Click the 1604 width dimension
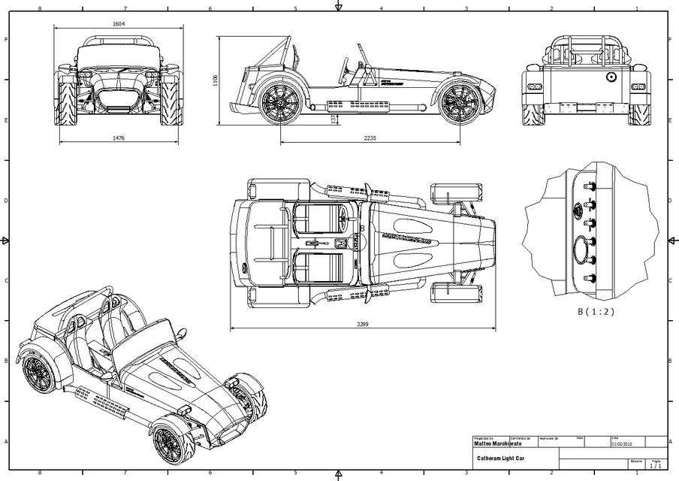pos(119,24)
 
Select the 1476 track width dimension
pos(119,138)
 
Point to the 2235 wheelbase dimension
pos(371,138)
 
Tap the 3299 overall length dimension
pos(363,325)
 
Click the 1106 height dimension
pos(215,80)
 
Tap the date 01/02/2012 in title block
pos(623,443)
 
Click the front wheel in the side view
pos(460,104)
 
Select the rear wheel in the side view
pos(279,102)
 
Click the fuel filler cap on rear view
pos(611,77)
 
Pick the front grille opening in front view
pos(118,98)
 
